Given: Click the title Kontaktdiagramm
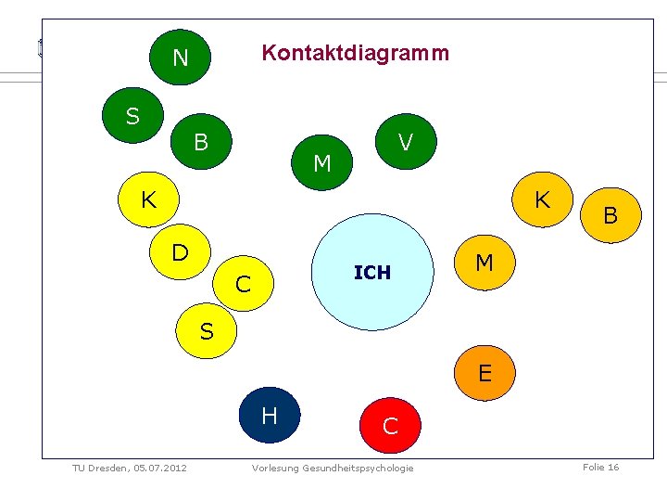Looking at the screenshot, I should (355, 53).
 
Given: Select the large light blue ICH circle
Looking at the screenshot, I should (372, 272).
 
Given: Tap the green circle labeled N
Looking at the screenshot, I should (180, 58).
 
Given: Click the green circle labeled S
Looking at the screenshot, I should (133, 115).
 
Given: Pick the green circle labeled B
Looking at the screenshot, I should (201, 142).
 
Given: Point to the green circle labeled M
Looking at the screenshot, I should (322, 163).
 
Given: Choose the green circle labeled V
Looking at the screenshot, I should (404, 142).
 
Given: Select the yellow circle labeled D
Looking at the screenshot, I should (181, 251).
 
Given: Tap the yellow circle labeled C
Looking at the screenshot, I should (243, 284).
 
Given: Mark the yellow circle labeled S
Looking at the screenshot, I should (207, 329).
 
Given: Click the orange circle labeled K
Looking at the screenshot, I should (542, 199).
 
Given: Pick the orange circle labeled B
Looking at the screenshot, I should (610, 216).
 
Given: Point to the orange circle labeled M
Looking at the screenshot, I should (484, 263).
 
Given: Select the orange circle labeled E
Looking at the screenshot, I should (484, 373).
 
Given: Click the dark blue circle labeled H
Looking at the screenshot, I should (270, 415).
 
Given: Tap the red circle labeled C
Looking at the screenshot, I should (391, 425).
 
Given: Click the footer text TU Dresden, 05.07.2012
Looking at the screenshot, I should (130, 468).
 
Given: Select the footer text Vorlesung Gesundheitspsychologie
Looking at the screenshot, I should (333, 468).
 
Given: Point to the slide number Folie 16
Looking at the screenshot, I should (600, 467).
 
